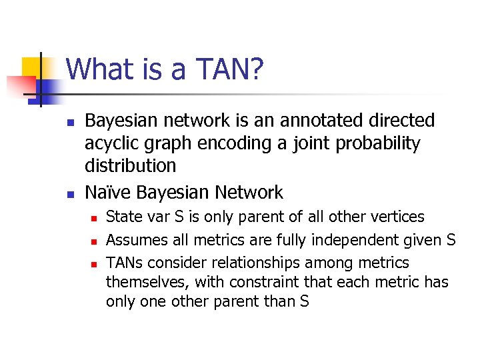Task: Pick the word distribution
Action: pyautogui.click(x=131, y=165)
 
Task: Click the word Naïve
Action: pyautogui.click(x=108, y=193)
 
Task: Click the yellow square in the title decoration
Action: pyautogui.click(x=32, y=67)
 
